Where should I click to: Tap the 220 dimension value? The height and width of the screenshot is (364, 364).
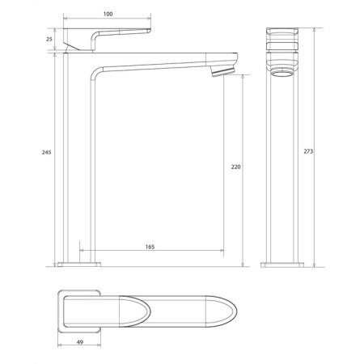click(235, 167)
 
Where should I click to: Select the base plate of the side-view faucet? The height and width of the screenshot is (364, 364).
click(81, 263)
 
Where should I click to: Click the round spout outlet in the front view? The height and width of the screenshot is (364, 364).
click(281, 75)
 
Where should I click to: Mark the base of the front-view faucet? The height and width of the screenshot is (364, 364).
click(281, 263)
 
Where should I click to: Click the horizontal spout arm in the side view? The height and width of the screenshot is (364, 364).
click(162, 64)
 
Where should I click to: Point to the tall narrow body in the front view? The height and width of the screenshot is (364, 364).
click(281, 162)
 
